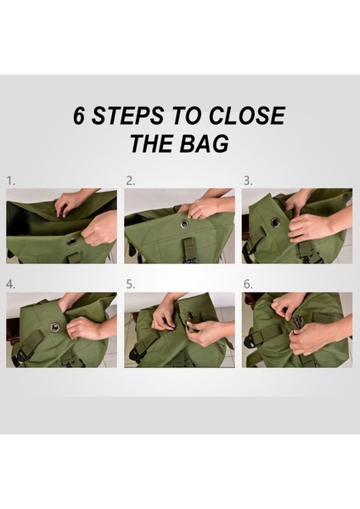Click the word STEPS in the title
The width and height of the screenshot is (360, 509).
click(127, 115)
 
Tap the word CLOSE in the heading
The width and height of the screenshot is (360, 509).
click(247, 115)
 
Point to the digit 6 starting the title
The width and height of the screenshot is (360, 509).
click(79, 115)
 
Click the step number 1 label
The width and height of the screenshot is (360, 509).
click(11, 182)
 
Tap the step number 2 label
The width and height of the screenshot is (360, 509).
click(130, 182)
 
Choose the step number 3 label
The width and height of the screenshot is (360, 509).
click(248, 182)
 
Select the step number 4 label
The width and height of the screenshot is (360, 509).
click(11, 285)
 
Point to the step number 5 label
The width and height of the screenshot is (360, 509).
click(130, 285)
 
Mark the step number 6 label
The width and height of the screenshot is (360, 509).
click(248, 285)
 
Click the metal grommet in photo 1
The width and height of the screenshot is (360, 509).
click(71, 242)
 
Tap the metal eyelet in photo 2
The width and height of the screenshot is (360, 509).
click(184, 224)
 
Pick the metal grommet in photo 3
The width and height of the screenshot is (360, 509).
click(276, 222)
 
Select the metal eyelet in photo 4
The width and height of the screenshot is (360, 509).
click(54, 327)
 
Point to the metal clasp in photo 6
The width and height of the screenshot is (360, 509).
click(296, 323)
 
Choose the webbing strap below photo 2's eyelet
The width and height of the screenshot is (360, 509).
click(188, 245)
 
